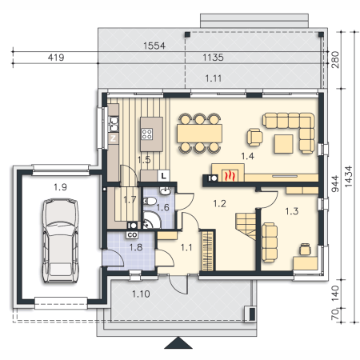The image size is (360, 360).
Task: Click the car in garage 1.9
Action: (x=61, y=241)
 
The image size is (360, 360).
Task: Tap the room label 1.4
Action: (x=247, y=156)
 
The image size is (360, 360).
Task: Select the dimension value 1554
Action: (x=154, y=46)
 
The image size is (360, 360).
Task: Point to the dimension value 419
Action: (x=56, y=58)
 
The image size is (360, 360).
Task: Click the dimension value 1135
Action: (x=213, y=58)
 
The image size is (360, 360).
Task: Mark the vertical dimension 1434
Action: (x=348, y=176)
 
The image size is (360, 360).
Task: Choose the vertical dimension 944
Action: (x=335, y=184)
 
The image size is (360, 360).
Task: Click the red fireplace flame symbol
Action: (x=230, y=176)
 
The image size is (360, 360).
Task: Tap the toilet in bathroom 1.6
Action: (x=150, y=201)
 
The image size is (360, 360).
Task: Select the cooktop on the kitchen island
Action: (x=147, y=134)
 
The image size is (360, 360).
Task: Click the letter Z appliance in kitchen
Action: (x=113, y=138)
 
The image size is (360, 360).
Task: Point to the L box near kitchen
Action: (x=163, y=176)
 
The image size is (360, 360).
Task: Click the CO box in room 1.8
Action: (x=132, y=235)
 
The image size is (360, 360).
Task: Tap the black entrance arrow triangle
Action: (x=178, y=343)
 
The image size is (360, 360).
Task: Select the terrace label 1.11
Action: (x=214, y=78)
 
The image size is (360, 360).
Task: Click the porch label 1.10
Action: (x=141, y=294)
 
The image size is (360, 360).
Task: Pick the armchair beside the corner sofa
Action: (x=254, y=138)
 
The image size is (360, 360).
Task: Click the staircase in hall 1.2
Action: (x=246, y=226)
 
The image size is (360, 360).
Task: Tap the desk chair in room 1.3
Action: (x=305, y=249)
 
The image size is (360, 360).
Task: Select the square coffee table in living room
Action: (x=284, y=144)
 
